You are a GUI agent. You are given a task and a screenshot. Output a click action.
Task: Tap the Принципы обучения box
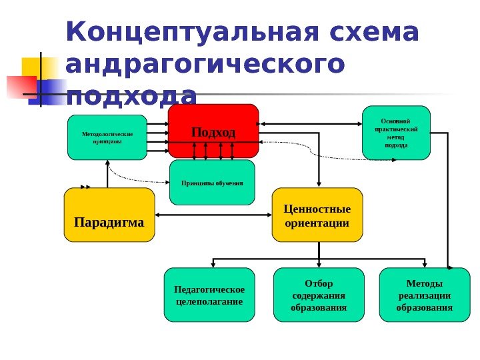tap(213, 182)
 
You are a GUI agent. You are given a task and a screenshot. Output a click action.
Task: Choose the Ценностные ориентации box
tap(317, 214)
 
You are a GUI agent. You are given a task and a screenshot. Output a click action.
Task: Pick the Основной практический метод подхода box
tap(396, 133)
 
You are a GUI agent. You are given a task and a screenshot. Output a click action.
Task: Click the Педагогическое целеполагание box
tap(209, 295)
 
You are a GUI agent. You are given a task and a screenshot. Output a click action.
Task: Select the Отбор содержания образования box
tap(319, 295)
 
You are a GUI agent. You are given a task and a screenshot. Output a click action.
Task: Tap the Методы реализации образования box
tap(424, 295)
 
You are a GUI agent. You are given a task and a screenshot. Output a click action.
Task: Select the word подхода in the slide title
tap(132, 97)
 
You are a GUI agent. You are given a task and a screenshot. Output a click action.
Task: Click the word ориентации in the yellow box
tap(317, 222)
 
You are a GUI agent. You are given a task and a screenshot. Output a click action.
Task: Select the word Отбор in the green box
tap(319, 283)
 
